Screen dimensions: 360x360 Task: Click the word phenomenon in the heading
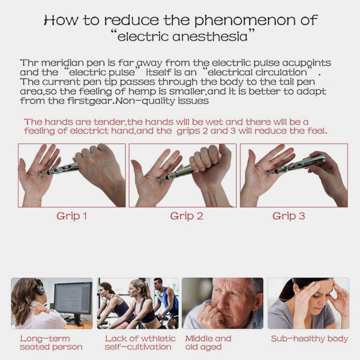(245, 20)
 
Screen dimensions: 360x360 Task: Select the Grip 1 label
(71, 216)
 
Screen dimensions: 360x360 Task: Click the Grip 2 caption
(187, 216)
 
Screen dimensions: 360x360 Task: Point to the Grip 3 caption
(289, 216)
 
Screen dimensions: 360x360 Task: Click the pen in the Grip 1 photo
(59, 170)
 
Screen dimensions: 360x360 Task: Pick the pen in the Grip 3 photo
(296, 165)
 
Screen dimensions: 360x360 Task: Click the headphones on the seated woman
(39, 287)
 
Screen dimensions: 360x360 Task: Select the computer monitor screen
(73, 298)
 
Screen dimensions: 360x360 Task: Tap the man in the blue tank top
(166, 298)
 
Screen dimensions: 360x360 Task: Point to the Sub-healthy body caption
(309, 338)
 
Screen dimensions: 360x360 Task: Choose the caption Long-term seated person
(51, 343)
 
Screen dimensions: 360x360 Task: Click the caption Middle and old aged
(208, 343)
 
